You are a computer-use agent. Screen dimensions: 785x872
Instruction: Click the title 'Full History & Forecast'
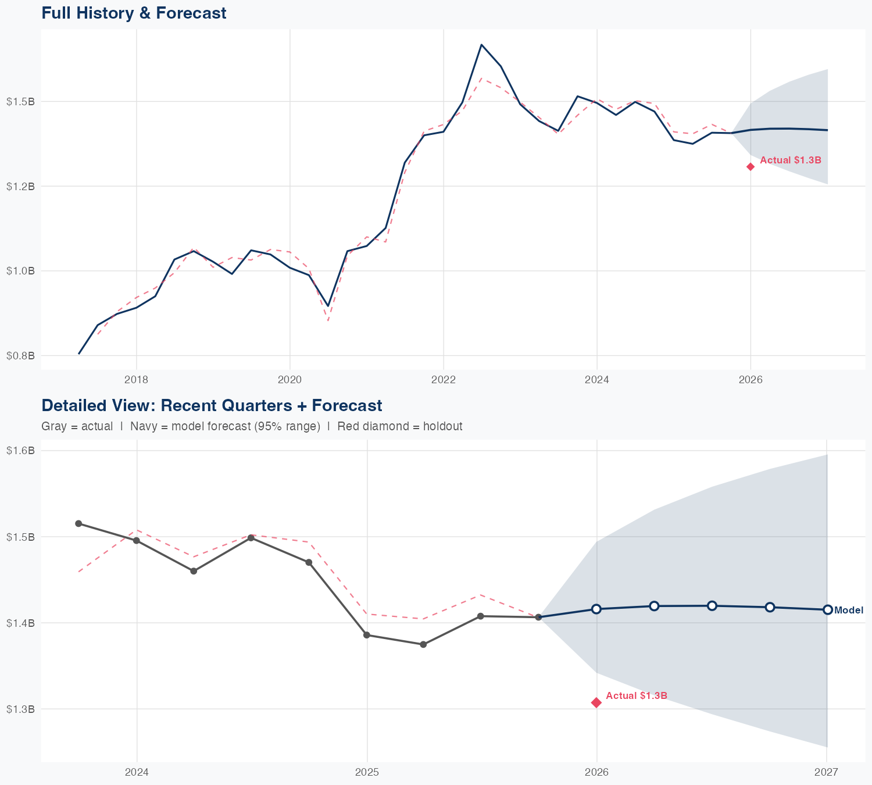click(134, 13)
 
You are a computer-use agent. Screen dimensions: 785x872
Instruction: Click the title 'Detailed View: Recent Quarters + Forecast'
click(212, 405)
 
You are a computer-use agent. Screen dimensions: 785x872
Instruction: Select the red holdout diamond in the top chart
click(751, 167)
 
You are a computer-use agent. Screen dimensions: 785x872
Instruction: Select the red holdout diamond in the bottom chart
click(596, 702)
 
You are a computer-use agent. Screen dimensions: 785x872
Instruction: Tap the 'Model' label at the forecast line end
click(848, 610)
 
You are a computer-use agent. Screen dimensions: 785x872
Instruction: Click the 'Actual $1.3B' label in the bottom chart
click(636, 695)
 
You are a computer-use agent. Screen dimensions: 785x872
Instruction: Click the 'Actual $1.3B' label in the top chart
click(790, 160)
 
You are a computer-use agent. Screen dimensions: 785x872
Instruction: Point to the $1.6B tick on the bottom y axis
click(20, 451)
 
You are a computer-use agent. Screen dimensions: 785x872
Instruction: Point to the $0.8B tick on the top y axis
click(20, 355)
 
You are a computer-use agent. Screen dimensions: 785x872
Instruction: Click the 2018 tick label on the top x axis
click(136, 380)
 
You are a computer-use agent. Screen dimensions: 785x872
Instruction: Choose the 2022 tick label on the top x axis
click(443, 380)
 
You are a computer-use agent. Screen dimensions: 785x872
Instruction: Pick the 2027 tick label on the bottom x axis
click(826, 772)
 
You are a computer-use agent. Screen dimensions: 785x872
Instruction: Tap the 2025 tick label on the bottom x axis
click(367, 772)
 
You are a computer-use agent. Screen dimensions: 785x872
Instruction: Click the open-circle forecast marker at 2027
click(827, 609)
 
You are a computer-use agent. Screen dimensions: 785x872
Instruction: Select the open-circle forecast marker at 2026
click(596, 609)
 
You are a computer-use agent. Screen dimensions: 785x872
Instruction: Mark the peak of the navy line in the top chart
click(481, 45)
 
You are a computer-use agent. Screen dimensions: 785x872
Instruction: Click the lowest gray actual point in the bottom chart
click(424, 644)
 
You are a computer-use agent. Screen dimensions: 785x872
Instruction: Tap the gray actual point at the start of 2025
click(367, 635)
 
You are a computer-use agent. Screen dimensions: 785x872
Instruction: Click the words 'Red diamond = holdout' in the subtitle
click(399, 426)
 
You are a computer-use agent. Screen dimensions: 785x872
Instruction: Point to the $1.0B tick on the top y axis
click(20, 271)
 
